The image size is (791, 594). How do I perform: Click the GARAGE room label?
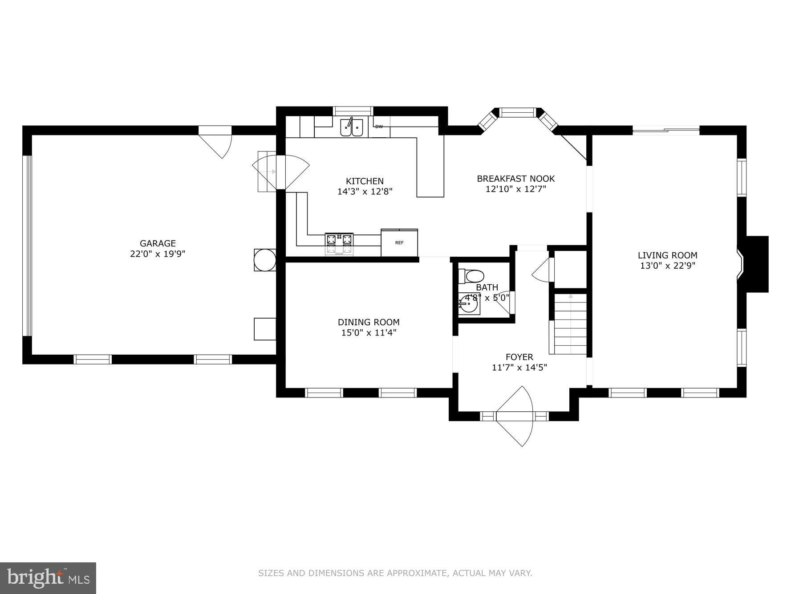click(x=158, y=243)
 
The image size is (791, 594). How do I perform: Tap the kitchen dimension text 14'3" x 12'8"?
click(x=365, y=192)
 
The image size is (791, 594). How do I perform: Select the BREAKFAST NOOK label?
click(x=515, y=179)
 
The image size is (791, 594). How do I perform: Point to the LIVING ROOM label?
click(x=667, y=255)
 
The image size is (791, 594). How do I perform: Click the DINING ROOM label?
click(x=369, y=322)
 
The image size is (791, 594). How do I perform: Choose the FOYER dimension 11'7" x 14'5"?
click(x=519, y=368)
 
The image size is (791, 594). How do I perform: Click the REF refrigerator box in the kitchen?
click(x=399, y=243)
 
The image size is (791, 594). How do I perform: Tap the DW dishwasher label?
click(x=379, y=127)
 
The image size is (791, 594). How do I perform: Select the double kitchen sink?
click(x=352, y=127)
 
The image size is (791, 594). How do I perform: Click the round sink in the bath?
click(x=468, y=306)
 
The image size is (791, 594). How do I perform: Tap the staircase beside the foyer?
click(x=570, y=324)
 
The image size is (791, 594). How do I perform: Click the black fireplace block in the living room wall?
click(x=757, y=264)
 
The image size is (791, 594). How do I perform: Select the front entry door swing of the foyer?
click(x=516, y=417)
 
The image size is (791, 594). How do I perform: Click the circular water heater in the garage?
click(x=265, y=260)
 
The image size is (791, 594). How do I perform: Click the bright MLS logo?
click(x=48, y=578)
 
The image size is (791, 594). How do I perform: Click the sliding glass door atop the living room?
click(x=666, y=131)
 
